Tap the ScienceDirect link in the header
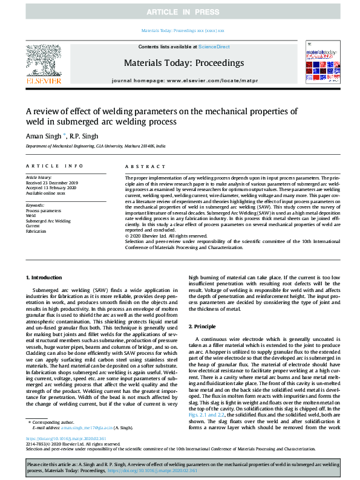click(x=214, y=47)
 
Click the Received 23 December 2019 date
click(x=52, y=182)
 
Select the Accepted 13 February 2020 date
click(x=51, y=187)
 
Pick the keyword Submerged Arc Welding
click(x=48, y=221)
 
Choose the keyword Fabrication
click(x=36, y=231)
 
